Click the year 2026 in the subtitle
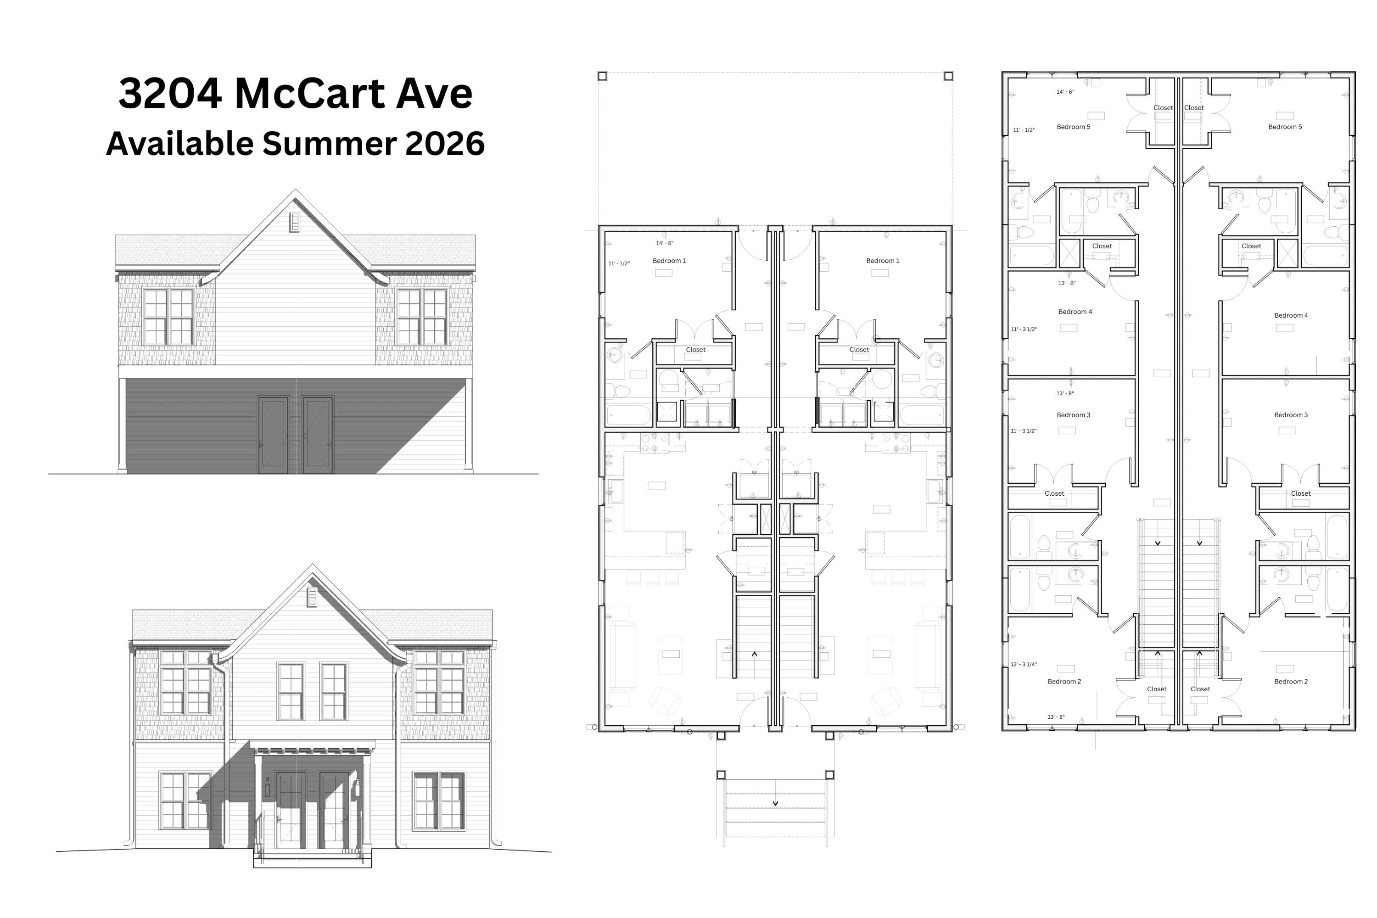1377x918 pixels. coord(445,143)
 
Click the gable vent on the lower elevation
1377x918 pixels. coord(312,597)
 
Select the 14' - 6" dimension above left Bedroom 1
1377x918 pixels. coord(665,243)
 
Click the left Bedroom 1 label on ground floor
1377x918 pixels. coord(669,261)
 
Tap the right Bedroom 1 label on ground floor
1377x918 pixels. coord(882,261)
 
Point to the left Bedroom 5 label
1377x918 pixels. coord(1073,127)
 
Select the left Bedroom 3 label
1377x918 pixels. coord(1073,415)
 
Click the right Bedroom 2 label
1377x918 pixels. coord(1291,682)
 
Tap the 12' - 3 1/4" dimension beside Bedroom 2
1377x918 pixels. coord(1024,665)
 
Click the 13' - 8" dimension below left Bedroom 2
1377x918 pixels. coord(1056,716)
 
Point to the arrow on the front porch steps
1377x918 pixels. coord(775,803)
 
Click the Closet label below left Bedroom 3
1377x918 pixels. coord(1054,493)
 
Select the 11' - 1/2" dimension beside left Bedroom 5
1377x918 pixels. coord(1024,130)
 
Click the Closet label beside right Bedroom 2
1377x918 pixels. coord(1200,689)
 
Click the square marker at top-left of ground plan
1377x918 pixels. coord(602,76)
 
